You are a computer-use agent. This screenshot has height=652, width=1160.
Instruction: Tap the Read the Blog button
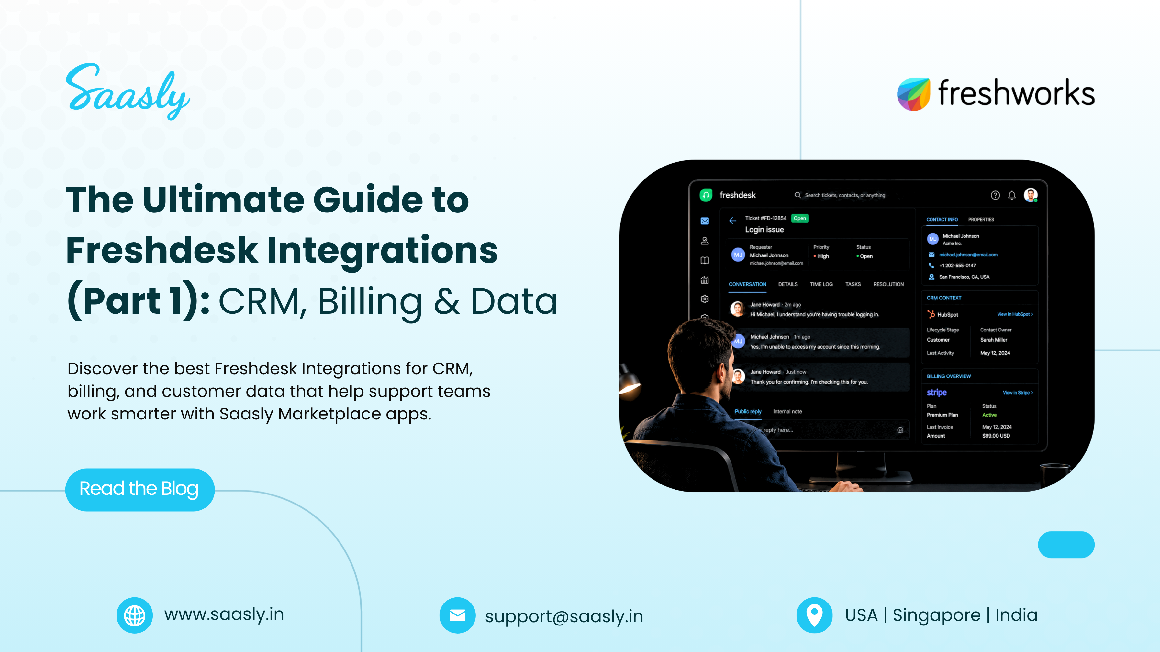(139, 489)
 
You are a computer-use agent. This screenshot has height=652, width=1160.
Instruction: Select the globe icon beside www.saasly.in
(135, 615)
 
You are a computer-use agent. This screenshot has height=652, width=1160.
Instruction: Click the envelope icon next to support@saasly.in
(458, 615)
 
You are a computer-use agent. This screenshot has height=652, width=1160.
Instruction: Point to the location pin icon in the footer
(814, 615)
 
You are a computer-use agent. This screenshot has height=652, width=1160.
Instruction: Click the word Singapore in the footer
(937, 615)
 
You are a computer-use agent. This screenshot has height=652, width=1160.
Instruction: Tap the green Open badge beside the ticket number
(800, 218)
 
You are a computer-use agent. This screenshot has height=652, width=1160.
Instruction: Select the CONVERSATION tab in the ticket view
(748, 284)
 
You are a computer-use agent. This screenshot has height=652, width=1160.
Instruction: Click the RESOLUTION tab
(888, 284)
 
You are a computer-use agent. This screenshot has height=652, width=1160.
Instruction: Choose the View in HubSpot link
(1015, 314)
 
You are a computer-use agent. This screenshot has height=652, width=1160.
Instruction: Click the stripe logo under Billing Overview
(937, 392)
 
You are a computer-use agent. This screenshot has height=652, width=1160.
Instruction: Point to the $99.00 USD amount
(996, 436)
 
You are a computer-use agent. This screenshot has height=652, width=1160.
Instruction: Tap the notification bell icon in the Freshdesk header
(1012, 195)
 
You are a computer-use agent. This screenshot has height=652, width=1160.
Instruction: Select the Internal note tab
(787, 411)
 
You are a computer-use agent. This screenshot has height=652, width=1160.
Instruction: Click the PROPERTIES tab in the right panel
(981, 220)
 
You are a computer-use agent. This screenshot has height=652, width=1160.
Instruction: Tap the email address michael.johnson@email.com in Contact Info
(968, 255)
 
